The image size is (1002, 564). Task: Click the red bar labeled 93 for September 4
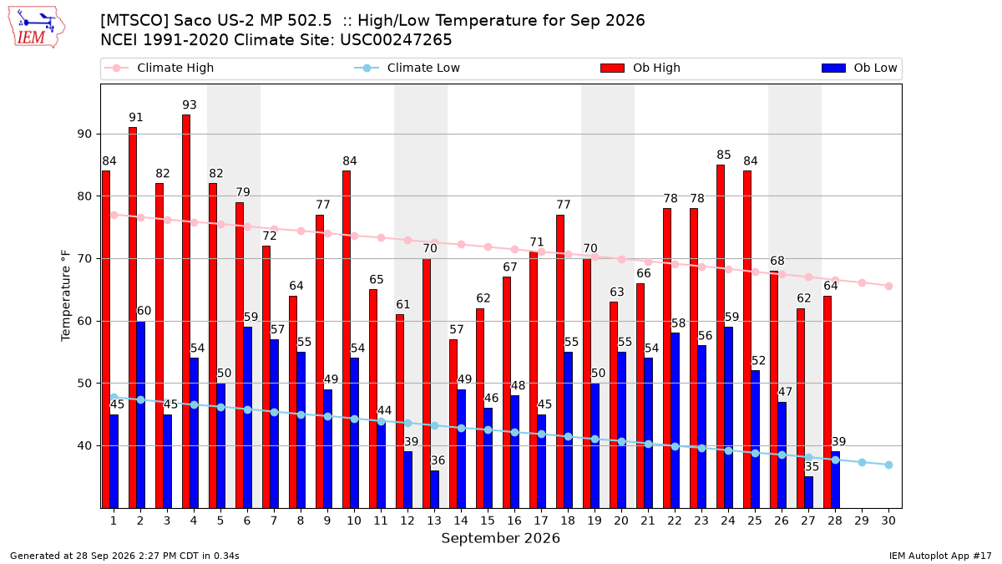pyautogui.click(x=186, y=312)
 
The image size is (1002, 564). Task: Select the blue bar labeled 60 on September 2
pyautogui.click(x=140, y=415)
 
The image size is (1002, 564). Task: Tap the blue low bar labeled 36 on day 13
pyautogui.click(x=434, y=490)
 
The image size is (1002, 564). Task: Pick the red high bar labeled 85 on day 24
pyautogui.click(x=720, y=337)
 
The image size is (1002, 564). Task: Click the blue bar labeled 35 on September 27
pyautogui.click(x=808, y=493)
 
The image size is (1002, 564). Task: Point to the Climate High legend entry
pyautogui.click(x=159, y=68)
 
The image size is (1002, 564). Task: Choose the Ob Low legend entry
pyautogui.click(x=859, y=68)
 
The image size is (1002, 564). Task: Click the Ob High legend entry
pyautogui.click(x=640, y=68)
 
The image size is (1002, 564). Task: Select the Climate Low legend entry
pyautogui.click(x=407, y=68)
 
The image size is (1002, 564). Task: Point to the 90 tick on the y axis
pyautogui.click(x=84, y=135)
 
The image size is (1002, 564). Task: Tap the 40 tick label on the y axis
pyautogui.click(x=84, y=446)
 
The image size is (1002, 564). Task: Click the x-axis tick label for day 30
pyautogui.click(x=888, y=521)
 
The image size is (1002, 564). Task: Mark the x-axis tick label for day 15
pyautogui.click(x=488, y=521)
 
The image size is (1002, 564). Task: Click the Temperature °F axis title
pyautogui.click(x=66, y=296)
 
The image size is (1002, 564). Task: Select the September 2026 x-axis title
pyautogui.click(x=500, y=538)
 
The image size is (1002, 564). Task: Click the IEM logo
pyautogui.click(x=36, y=28)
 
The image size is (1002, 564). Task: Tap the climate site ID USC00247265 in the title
pyautogui.click(x=396, y=40)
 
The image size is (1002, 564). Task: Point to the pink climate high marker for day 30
pyautogui.click(x=888, y=286)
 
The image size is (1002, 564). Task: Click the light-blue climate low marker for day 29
pyautogui.click(x=862, y=462)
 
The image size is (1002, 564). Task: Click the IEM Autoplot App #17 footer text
pyautogui.click(x=940, y=556)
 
